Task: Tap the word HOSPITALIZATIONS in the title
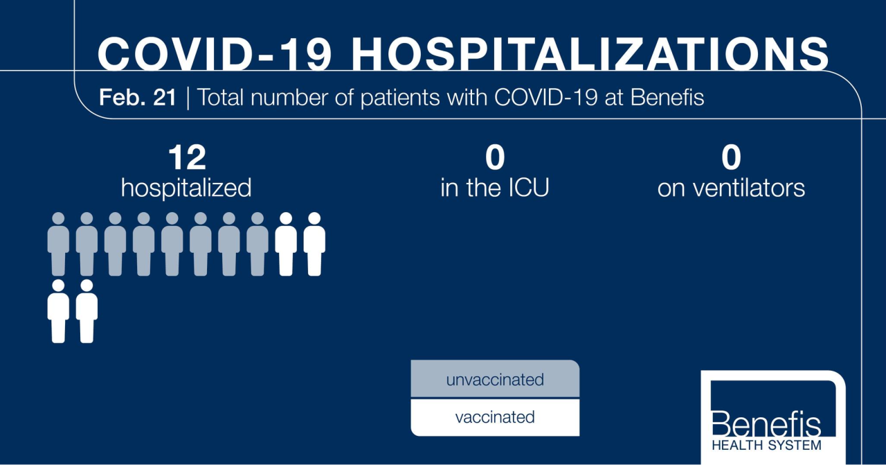[590, 53]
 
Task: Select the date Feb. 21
[138, 98]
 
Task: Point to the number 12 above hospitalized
[186, 158]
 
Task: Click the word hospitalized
[186, 188]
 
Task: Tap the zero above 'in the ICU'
[494, 158]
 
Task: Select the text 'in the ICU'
[494, 188]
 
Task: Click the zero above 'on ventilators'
[731, 158]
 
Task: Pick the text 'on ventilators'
[731, 188]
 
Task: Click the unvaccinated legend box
[494, 380]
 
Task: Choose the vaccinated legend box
[494, 417]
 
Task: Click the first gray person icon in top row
[58, 244]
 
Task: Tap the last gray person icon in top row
[257, 244]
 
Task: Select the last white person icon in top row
[314, 244]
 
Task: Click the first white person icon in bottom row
[58, 311]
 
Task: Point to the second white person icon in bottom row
[87, 311]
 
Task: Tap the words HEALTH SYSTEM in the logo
[766, 445]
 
